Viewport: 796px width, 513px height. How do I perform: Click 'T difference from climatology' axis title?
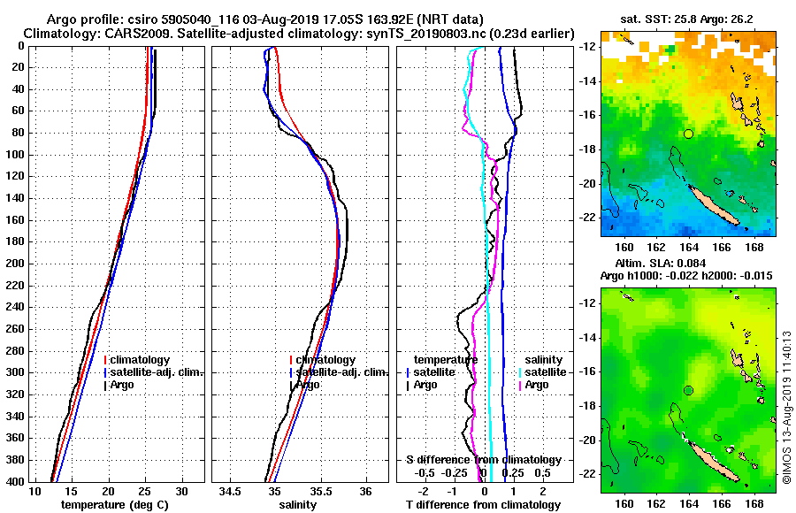[x=484, y=504]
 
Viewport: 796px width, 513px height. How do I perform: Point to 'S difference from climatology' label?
[x=484, y=460]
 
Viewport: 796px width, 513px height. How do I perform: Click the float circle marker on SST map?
[x=688, y=134]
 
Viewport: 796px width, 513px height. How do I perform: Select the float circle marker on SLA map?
[x=688, y=390]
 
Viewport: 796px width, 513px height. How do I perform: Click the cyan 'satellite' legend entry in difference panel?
[x=542, y=372]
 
